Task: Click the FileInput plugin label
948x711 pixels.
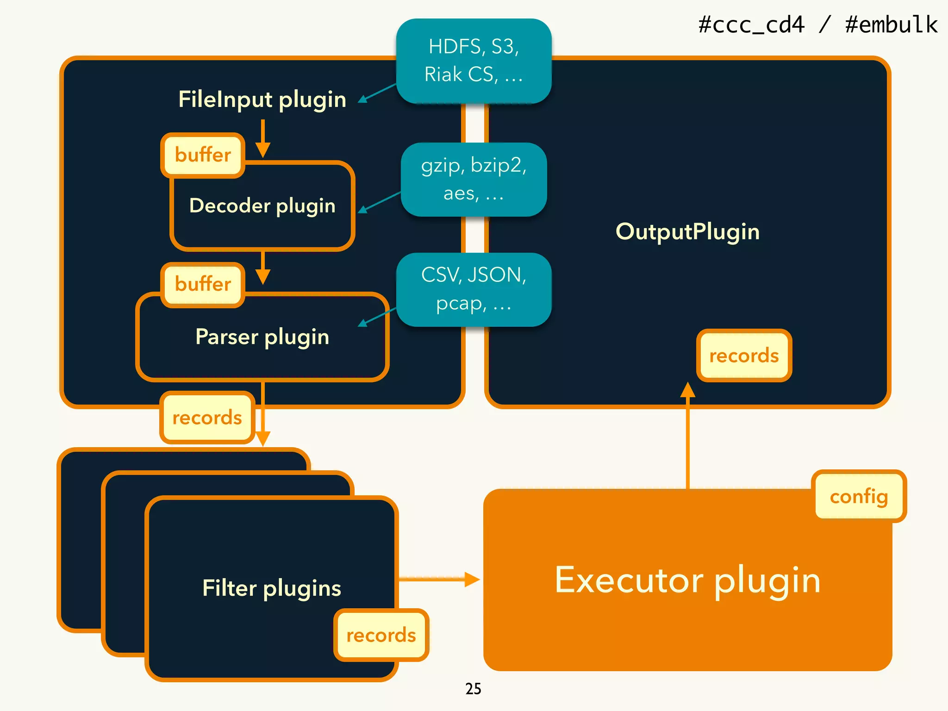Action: click(262, 100)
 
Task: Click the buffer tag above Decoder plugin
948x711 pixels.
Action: click(203, 155)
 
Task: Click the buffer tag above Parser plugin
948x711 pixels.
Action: click(203, 284)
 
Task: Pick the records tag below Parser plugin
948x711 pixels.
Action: click(207, 418)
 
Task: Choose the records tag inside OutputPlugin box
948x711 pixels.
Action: click(744, 355)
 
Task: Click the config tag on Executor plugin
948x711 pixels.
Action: click(859, 496)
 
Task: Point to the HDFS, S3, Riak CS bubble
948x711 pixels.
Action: click(474, 61)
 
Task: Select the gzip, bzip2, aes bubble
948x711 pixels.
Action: click(474, 179)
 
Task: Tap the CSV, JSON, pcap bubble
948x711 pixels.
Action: click(474, 289)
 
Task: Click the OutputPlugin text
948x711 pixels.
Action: click(687, 231)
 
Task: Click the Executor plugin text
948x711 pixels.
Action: click(687, 580)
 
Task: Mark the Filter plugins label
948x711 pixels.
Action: click(272, 588)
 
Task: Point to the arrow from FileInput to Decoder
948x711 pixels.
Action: click(262, 139)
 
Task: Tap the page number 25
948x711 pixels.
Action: click(473, 689)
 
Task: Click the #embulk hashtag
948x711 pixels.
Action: click(891, 25)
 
